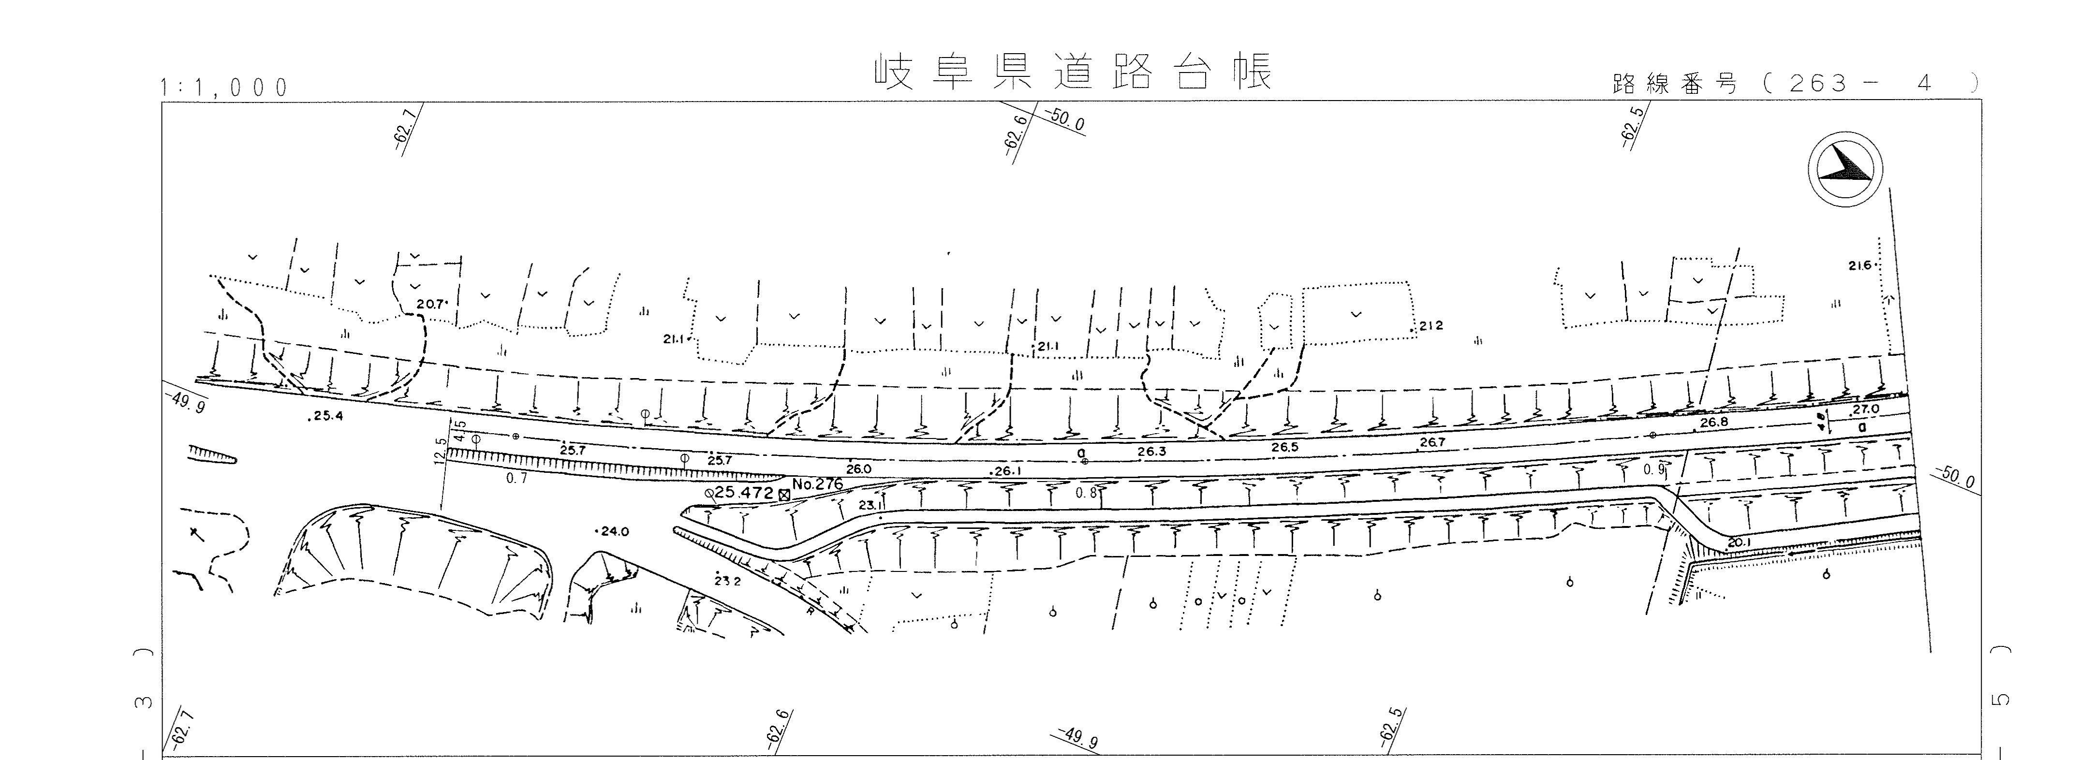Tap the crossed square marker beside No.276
[783, 494]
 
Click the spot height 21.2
[1429, 326]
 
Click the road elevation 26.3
[1151, 452]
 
